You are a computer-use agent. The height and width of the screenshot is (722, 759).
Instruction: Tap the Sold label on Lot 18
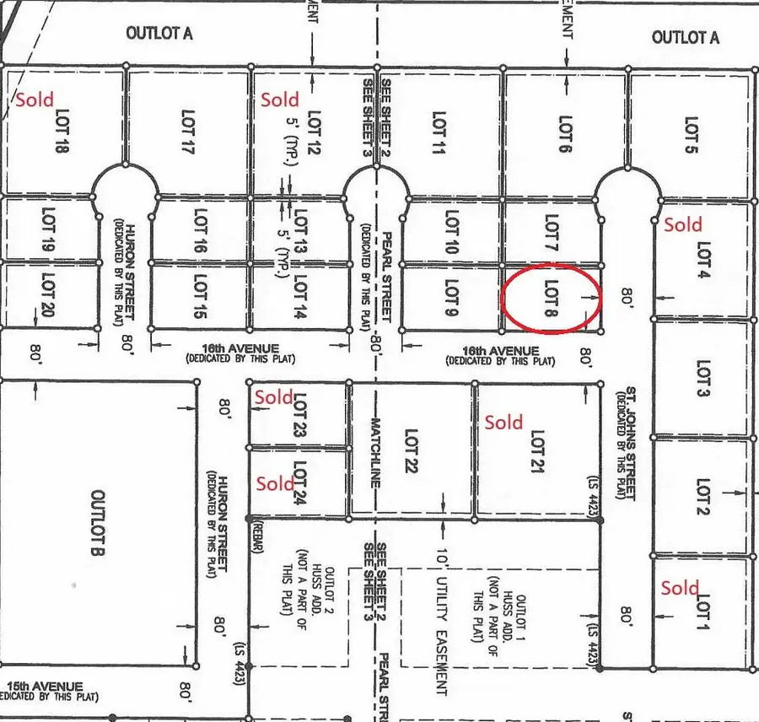click(x=34, y=99)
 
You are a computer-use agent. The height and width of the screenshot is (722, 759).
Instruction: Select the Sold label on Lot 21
click(x=503, y=423)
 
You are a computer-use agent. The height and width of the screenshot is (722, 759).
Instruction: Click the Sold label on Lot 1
click(x=680, y=588)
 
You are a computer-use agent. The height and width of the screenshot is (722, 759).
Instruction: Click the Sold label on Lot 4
click(x=682, y=224)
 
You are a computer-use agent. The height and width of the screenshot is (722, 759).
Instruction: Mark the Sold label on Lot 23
click(x=274, y=396)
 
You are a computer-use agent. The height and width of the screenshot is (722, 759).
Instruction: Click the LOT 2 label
click(x=703, y=498)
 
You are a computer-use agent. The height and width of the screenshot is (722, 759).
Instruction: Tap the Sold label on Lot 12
click(x=280, y=100)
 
